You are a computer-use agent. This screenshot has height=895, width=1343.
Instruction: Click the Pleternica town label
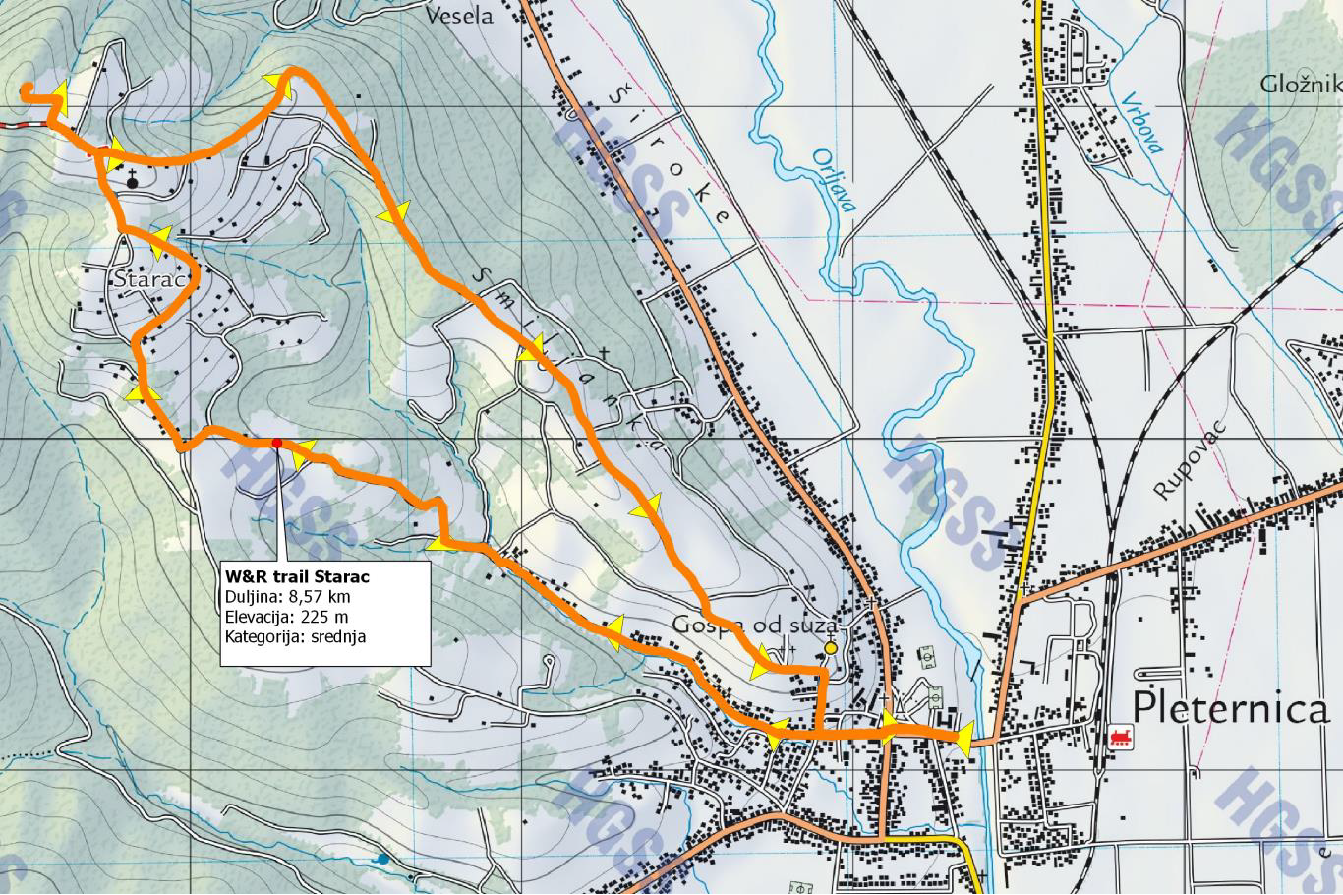[x=1230, y=707]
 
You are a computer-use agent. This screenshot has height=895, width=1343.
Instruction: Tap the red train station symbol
[x=1118, y=737]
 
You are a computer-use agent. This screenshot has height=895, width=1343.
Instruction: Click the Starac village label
[x=149, y=279]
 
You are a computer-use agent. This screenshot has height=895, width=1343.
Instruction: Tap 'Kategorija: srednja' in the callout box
[x=299, y=636]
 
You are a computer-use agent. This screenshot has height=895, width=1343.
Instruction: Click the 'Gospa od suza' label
[x=754, y=626]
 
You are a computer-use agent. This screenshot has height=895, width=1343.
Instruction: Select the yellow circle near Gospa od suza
[x=831, y=648]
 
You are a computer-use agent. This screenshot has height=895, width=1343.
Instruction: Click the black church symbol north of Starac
[x=132, y=180]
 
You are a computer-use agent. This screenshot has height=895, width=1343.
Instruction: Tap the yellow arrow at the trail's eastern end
[x=963, y=739]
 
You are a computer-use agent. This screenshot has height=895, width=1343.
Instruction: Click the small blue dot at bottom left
[x=382, y=859]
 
